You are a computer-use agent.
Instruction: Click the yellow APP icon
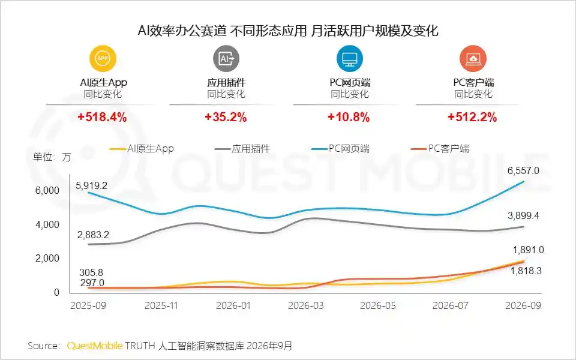[x=103, y=58]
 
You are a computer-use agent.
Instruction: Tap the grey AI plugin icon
[x=226, y=58]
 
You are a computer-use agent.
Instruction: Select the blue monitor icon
[x=350, y=58]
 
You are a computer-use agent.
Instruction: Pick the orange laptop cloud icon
[x=473, y=58]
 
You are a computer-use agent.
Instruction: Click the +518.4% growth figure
[x=102, y=117]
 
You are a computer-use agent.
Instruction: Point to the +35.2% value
[x=226, y=117]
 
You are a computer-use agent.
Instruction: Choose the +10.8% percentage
[x=349, y=117]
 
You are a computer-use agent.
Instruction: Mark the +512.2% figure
[x=472, y=117]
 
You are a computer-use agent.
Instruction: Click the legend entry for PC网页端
[x=341, y=149]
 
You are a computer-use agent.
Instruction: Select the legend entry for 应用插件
[x=242, y=149]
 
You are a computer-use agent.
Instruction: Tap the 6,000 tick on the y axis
[x=47, y=190]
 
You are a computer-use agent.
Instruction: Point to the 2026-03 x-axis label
[x=306, y=305]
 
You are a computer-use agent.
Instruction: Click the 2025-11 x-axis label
[x=161, y=305]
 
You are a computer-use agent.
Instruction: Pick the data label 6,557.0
[x=523, y=170]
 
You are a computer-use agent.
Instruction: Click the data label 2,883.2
[x=93, y=235]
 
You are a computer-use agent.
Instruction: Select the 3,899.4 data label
[x=523, y=215]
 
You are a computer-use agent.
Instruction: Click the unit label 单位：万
[x=52, y=157]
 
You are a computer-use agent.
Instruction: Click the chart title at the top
[x=288, y=31]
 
